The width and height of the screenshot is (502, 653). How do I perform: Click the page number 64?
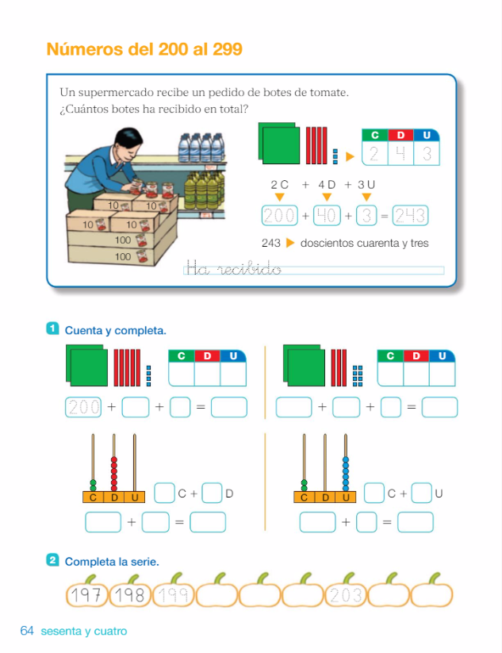27,631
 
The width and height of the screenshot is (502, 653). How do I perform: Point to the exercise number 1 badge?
52,328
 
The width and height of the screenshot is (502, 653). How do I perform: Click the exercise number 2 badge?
52,559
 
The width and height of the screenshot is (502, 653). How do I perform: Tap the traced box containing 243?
411,216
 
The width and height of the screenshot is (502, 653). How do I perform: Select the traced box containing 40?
327,216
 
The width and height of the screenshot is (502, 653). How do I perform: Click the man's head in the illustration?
128,144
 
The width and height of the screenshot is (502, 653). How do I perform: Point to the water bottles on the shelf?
201,148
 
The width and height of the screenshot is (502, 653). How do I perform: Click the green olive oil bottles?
204,190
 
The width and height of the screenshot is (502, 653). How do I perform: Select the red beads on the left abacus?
113,474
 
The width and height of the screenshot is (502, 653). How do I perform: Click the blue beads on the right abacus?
346,474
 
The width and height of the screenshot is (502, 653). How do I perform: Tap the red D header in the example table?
400,135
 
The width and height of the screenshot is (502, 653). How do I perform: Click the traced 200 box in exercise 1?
83,407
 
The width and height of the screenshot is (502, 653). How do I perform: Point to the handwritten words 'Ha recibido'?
233,267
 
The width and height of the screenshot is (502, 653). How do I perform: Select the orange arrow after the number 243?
290,243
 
